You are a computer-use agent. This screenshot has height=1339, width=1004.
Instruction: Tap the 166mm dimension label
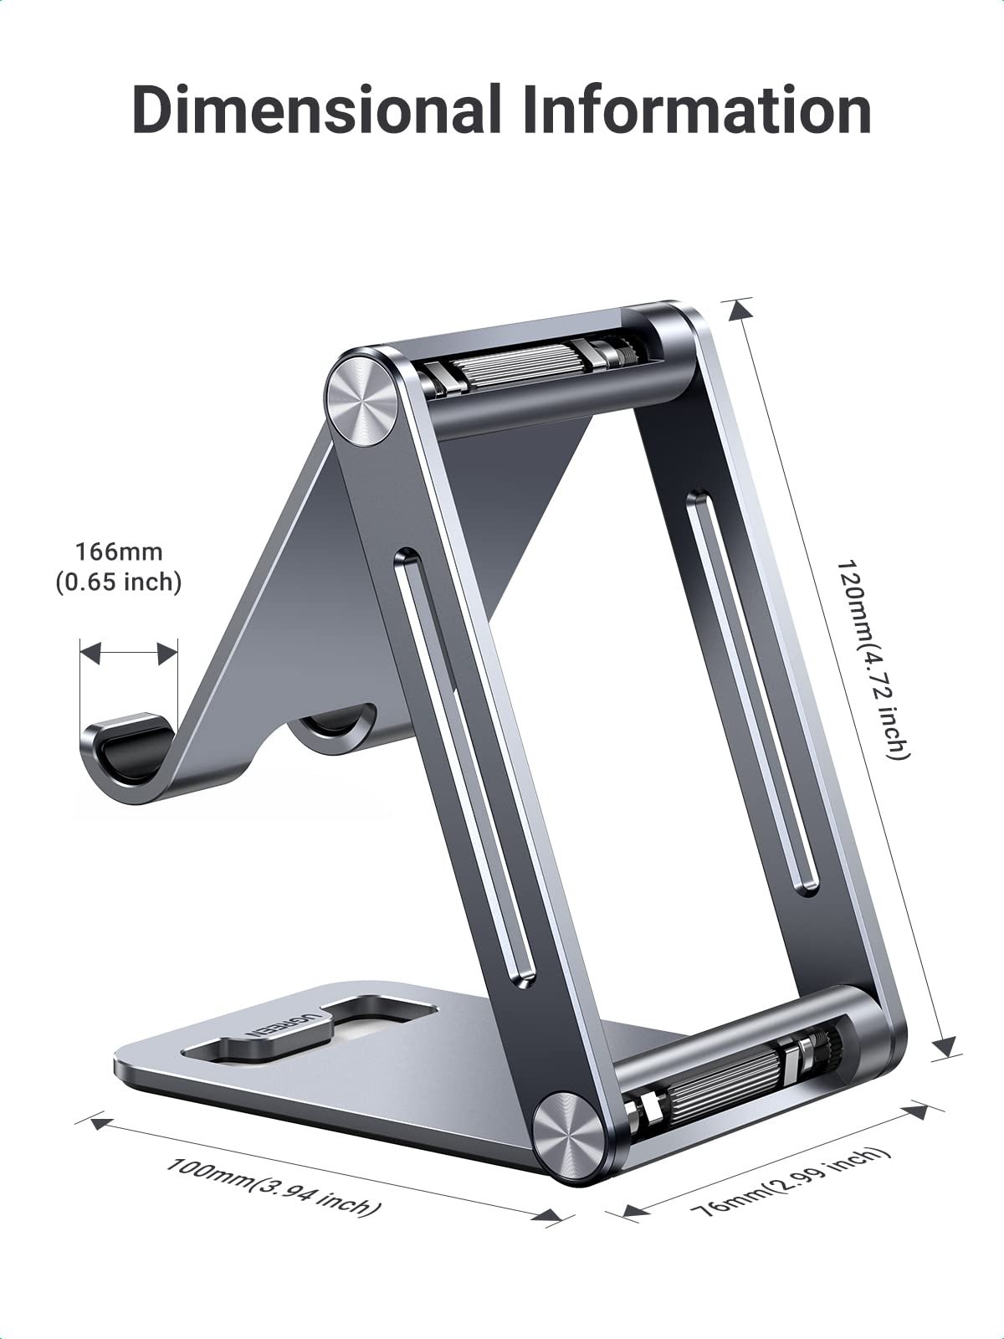119,552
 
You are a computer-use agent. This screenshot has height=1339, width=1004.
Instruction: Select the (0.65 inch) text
119,581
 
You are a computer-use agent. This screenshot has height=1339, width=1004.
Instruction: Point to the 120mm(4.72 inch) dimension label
873,659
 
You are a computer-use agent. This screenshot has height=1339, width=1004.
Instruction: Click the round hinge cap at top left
362,398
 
